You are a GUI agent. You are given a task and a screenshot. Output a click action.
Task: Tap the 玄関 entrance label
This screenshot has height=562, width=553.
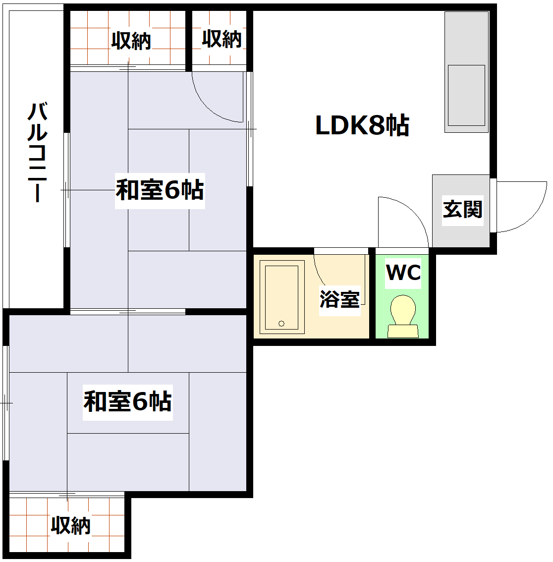pos(462,210)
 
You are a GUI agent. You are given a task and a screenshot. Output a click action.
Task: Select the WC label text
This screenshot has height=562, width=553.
pos(403,273)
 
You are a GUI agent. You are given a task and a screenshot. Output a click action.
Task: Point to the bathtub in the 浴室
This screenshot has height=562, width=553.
pos(281,296)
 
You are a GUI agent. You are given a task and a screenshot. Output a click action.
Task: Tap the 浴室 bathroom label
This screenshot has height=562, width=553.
pos(339,299)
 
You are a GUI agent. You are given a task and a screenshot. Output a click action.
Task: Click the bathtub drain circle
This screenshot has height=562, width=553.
pos(281,324)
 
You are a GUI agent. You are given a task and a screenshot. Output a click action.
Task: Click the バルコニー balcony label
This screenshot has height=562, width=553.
pos(37,152)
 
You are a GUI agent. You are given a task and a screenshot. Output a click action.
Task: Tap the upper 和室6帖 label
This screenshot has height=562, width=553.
pos(160,190)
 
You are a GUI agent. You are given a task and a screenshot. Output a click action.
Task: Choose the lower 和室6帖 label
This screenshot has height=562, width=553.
pos(127,401)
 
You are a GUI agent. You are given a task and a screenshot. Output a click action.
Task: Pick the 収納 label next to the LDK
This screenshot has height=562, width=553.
pos(221,39)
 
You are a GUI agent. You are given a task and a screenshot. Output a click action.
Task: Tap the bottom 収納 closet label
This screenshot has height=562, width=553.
pos(71,525)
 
